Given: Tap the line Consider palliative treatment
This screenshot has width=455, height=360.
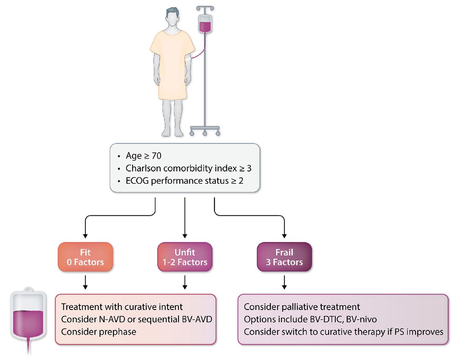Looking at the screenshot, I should (x=302, y=306).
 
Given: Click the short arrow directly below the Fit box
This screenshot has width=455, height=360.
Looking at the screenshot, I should (x=86, y=282).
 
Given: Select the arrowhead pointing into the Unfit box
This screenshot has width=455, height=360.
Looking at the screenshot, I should (x=185, y=236).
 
